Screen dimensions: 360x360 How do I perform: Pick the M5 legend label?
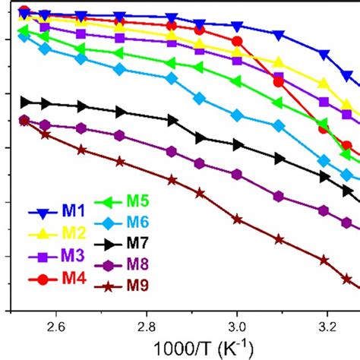coord(137,202)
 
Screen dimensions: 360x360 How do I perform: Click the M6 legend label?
coord(137,223)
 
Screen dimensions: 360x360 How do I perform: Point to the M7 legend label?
coord(137,244)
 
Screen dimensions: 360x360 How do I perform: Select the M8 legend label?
coord(137,265)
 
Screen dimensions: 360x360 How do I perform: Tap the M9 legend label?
coord(137,286)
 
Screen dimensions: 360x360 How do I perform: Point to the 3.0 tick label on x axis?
coord(237,327)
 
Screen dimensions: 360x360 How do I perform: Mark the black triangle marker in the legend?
coord(108,244)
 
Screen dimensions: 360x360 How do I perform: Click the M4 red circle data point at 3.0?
coord(237,41)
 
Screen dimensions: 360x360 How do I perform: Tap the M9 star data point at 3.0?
coord(237,219)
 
